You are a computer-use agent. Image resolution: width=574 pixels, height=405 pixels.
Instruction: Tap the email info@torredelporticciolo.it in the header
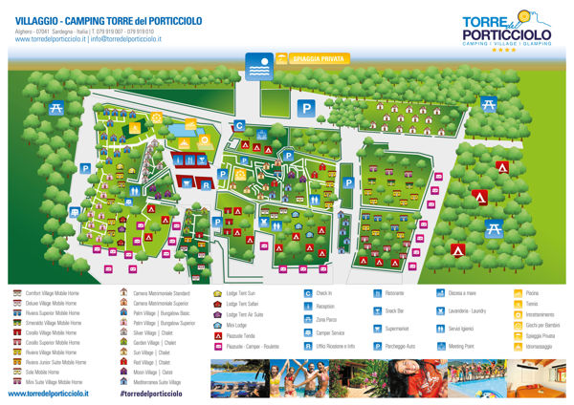pos(125,39)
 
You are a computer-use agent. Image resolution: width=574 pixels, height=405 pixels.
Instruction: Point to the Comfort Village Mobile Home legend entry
pos(51,293)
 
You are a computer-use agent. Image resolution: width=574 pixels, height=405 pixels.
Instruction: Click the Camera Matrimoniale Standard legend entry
pos(161,293)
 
